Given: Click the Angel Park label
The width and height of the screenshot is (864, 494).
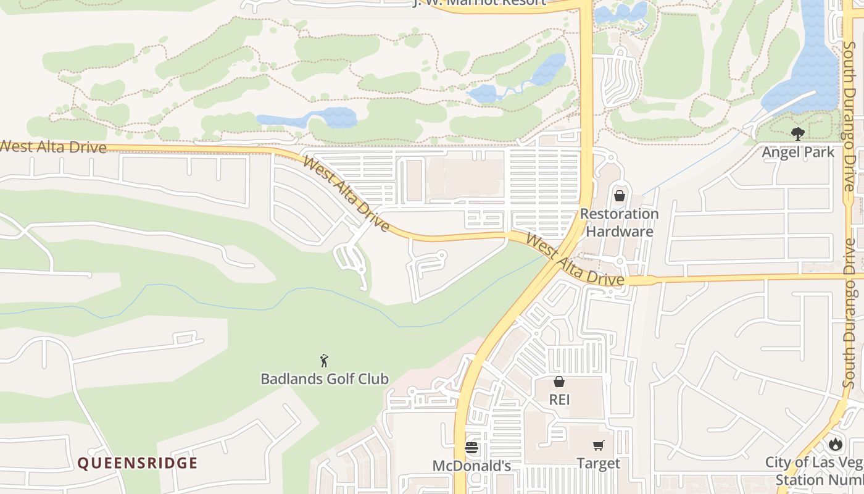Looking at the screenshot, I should click(798, 152).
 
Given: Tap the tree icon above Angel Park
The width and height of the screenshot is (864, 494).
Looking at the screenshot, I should click(798, 133).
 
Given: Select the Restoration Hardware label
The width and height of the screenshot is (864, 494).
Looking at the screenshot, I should click(620, 223).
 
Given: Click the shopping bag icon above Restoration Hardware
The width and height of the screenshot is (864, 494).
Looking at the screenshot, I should click(620, 196).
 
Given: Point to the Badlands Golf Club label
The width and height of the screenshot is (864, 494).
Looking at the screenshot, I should click(325, 379).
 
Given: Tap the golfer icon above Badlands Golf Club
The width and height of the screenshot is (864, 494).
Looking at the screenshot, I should click(325, 361).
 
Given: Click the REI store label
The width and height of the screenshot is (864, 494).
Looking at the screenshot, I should click(559, 400).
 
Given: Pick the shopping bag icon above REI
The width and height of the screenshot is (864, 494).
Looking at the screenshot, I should click(559, 382).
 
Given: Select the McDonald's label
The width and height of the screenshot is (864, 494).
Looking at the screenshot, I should click(471, 466).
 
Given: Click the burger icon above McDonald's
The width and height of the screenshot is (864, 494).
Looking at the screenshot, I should click(471, 447).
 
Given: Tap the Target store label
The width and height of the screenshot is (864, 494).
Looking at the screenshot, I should click(598, 463).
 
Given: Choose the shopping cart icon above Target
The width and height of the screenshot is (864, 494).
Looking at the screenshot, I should click(598, 445).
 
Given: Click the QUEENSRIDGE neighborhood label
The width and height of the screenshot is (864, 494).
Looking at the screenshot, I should click(137, 463).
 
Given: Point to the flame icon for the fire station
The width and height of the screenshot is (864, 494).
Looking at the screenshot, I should click(836, 443).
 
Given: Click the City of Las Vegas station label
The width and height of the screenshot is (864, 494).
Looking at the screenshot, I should click(815, 471).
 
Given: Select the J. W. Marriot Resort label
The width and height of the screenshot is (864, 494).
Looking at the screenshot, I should click(479, 2).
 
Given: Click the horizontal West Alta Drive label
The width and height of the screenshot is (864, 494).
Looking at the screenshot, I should click(53, 147).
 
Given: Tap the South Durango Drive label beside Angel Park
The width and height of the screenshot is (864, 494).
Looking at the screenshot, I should click(849, 117).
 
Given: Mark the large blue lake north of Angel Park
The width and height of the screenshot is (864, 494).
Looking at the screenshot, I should click(799, 62).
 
